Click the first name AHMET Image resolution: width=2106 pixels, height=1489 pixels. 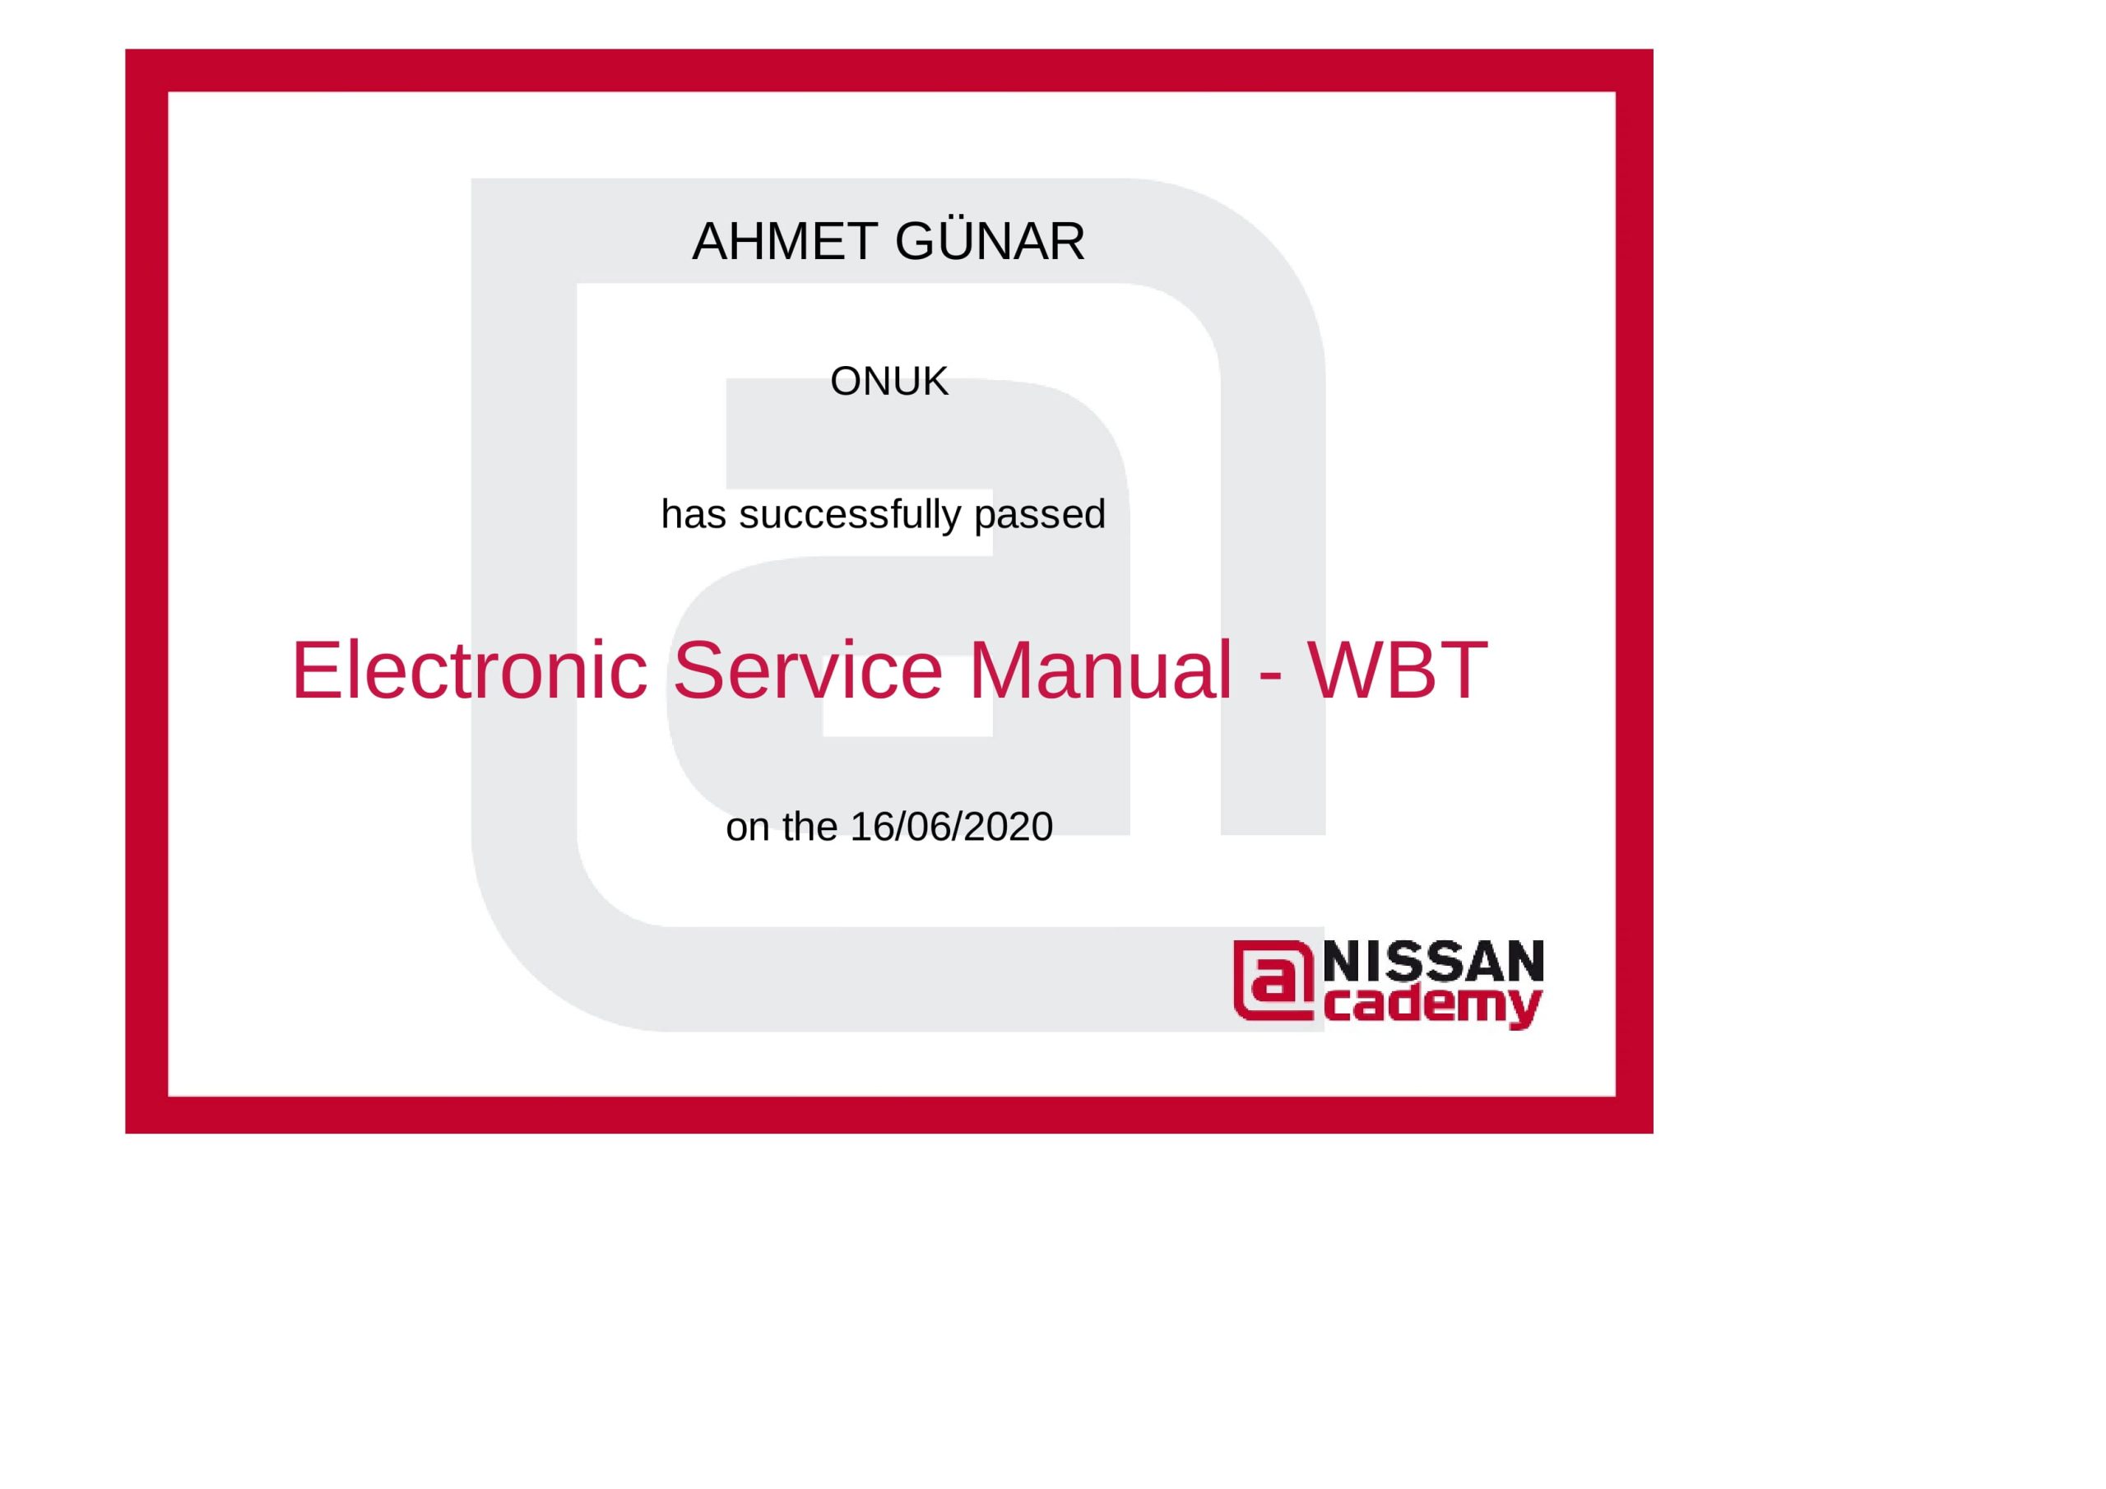[785, 242]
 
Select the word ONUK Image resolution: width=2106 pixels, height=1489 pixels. [888, 382]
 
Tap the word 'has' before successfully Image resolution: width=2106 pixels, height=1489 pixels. [693, 515]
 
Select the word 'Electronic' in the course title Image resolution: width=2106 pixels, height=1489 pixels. [471, 670]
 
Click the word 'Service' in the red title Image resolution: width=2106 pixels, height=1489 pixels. [808, 670]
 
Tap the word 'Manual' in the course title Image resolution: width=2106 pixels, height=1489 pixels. [1101, 670]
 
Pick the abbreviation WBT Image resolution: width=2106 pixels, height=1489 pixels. [1397, 670]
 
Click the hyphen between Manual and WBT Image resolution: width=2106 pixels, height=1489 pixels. [1270, 676]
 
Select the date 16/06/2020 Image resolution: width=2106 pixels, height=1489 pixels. [952, 828]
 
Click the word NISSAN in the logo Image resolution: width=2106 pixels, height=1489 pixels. [1434, 962]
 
